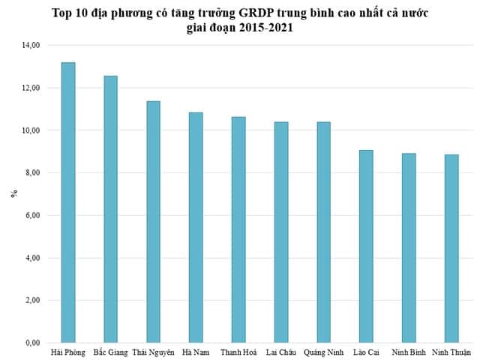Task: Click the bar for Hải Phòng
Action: tap(67, 202)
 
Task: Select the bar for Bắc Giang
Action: tap(110, 209)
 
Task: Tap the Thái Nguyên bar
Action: tap(153, 222)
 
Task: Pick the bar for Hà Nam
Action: tap(196, 227)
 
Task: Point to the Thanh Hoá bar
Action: tap(238, 229)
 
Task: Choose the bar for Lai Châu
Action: tap(280, 232)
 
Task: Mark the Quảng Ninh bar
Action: tap(323, 232)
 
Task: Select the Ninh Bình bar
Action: tap(409, 248)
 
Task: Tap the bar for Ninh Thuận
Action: tap(451, 249)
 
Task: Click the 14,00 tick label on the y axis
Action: tap(31, 46)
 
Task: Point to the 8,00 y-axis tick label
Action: tap(32, 173)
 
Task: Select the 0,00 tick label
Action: tap(32, 343)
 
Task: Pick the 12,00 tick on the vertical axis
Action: tap(31, 88)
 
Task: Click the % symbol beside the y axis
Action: tap(13, 194)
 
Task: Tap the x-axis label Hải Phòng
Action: tap(68, 352)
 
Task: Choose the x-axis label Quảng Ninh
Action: tap(323, 352)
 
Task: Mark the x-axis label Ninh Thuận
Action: tap(451, 352)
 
